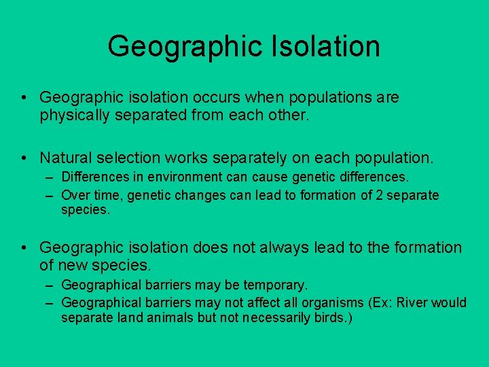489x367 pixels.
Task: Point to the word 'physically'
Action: pyautogui.click(x=77, y=116)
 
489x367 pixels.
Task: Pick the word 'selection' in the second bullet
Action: pyautogui.click(x=129, y=158)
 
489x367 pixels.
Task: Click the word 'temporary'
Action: pyautogui.click(x=276, y=285)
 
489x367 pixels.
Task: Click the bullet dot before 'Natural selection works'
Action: pyautogui.click(x=24, y=159)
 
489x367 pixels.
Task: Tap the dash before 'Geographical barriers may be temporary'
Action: pyautogui.click(x=51, y=285)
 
